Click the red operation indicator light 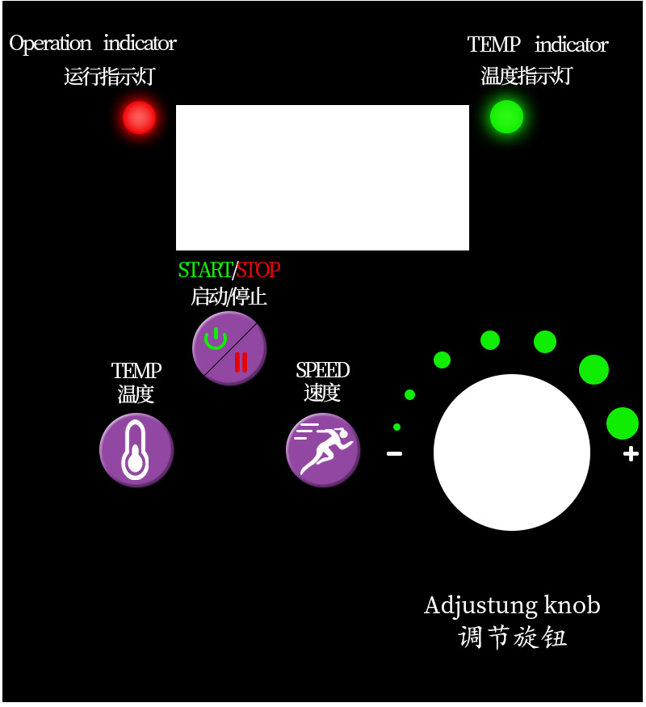click(139, 118)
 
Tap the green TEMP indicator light click(507, 116)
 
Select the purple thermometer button click(136, 450)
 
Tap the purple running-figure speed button click(323, 450)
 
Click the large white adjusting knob click(512, 452)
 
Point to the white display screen click(322, 178)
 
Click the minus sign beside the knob click(394, 454)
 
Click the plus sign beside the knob click(631, 454)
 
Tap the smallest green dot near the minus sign click(396, 427)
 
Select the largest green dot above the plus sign click(623, 423)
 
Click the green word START click(205, 270)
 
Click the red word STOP click(258, 270)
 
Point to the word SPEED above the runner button click(323, 371)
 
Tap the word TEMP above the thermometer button click(136, 371)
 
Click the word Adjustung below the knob click(470, 606)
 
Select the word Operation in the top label click(50, 44)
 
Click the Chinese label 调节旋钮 click(512, 638)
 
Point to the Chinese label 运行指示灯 click(109, 77)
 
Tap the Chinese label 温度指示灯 click(526, 76)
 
